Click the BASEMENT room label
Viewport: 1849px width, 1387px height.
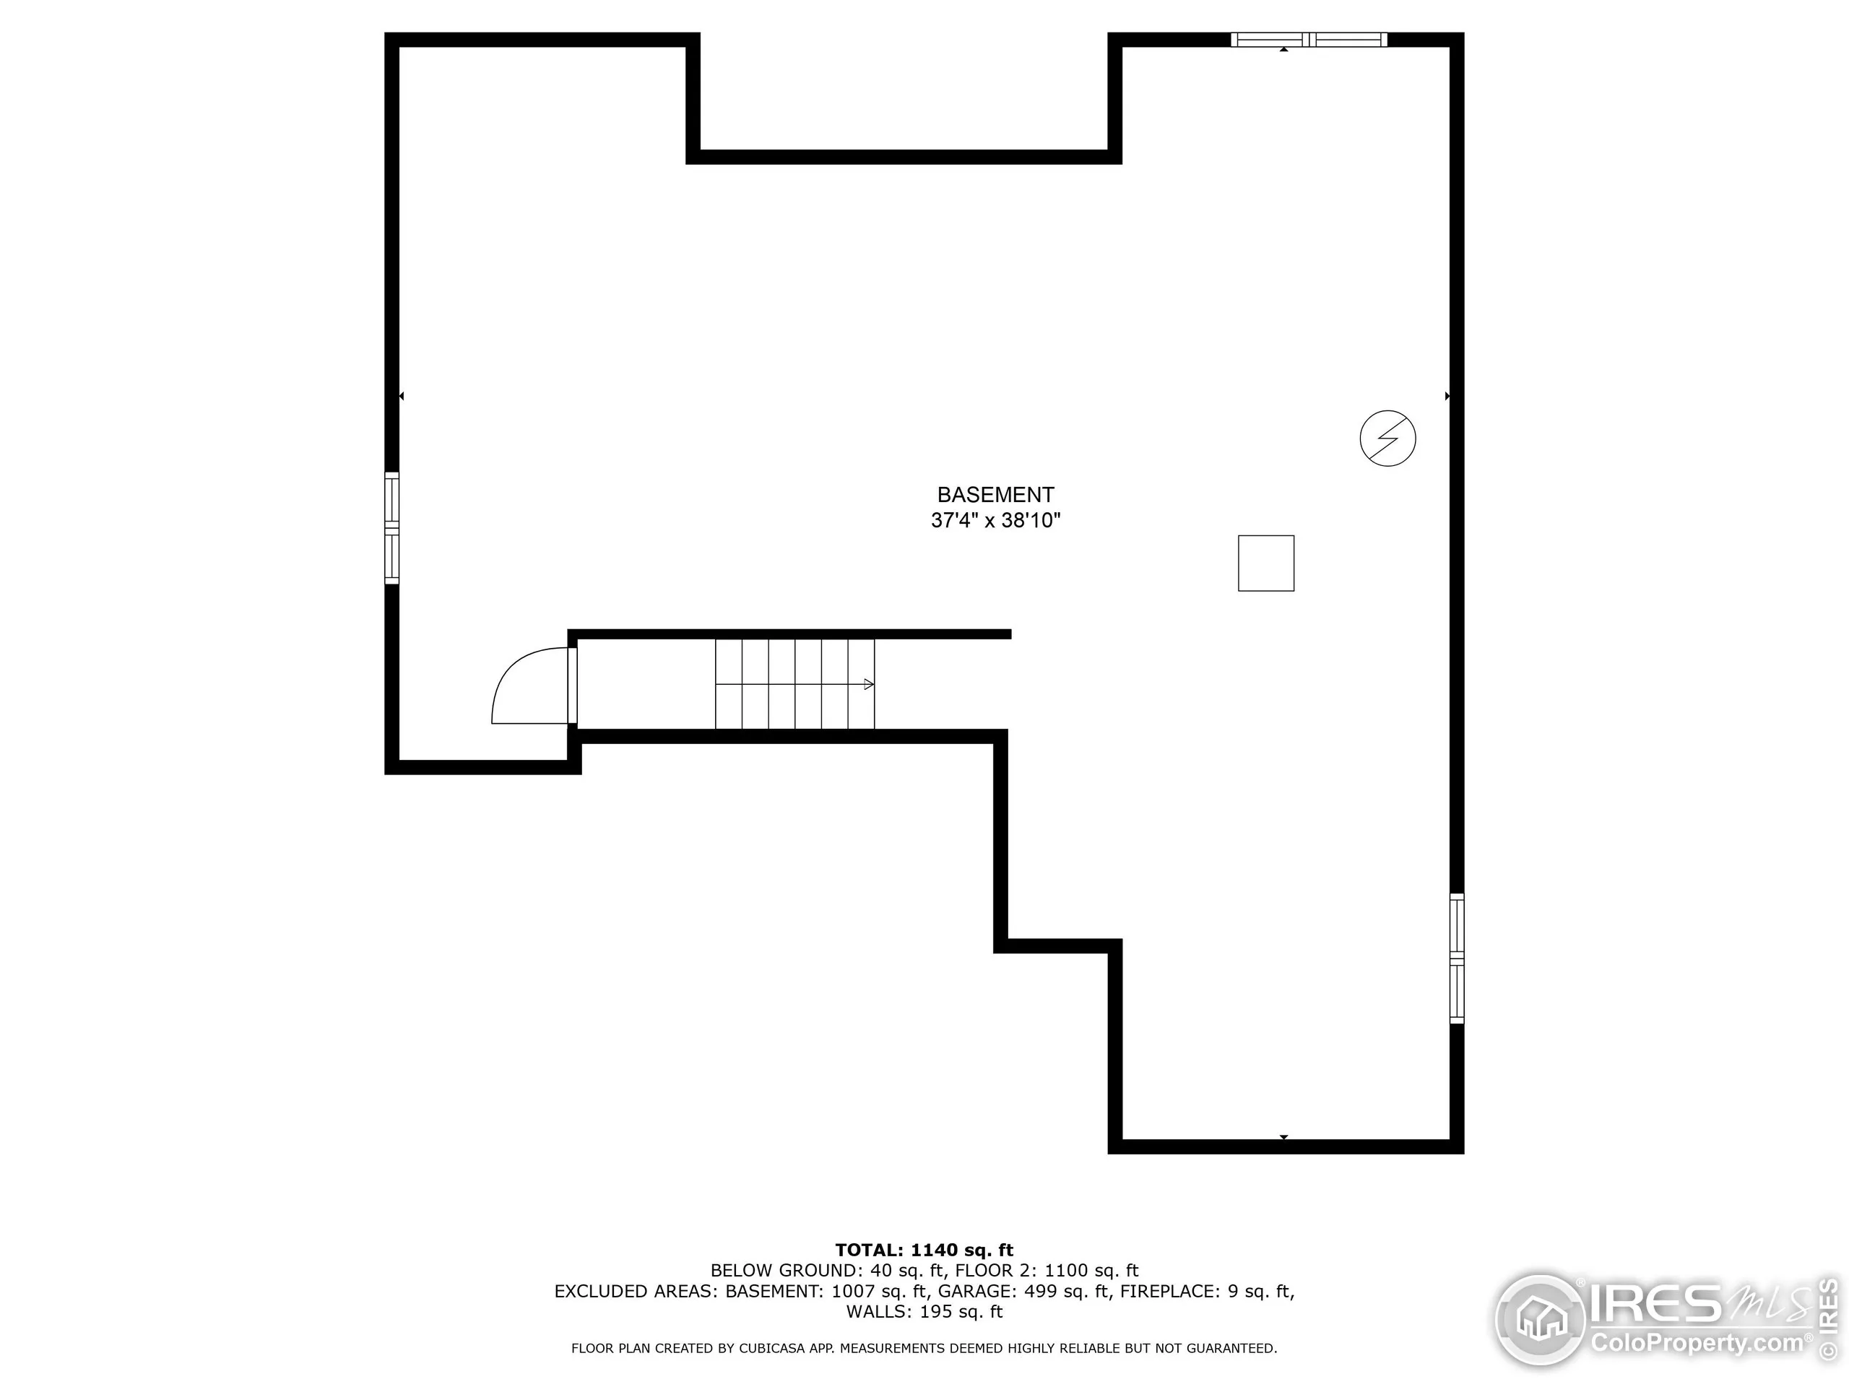point(995,494)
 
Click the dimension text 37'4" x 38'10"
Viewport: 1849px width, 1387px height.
point(995,520)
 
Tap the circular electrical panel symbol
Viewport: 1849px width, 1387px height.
point(1387,438)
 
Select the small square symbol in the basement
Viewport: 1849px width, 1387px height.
point(1265,563)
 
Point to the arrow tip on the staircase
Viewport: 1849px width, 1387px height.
point(870,684)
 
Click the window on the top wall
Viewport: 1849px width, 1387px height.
point(1308,39)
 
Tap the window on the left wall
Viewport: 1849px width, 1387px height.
point(391,527)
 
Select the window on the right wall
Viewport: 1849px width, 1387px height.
point(1456,958)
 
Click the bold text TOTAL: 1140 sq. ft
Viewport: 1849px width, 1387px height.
point(924,1250)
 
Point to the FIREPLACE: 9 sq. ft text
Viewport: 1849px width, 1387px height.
point(1206,1291)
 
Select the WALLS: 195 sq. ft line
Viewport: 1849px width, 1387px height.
point(924,1311)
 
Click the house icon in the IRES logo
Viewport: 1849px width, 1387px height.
point(1541,1319)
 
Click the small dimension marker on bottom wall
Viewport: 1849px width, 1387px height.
point(1283,1137)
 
